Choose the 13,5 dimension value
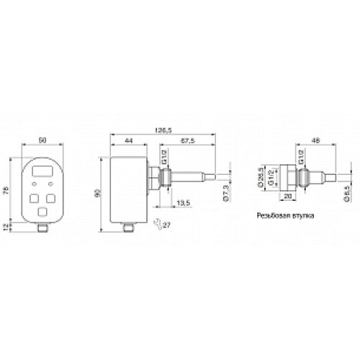coord(182,202)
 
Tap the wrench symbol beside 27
coord(157,225)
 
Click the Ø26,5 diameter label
coord(260,177)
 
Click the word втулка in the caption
coord(300,215)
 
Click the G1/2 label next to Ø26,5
coord(269,177)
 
